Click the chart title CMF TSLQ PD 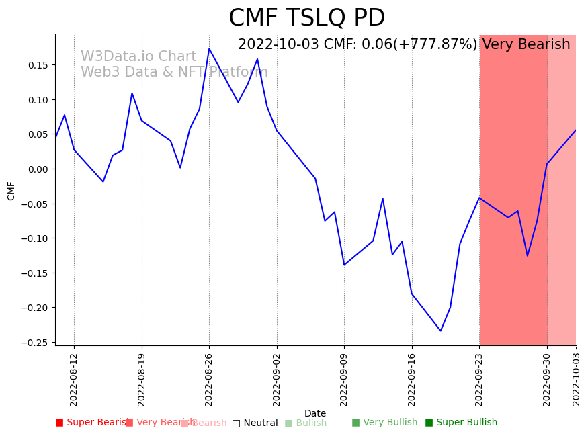[x=306, y=18]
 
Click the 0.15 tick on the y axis [x=37, y=65]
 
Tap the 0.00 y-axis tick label [x=37, y=169]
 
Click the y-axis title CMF [x=11, y=190]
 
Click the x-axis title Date [x=315, y=414]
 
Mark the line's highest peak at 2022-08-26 [x=209, y=48]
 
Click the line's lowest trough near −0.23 [x=441, y=331]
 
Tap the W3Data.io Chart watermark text [x=138, y=57]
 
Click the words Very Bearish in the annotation [x=526, y=45]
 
